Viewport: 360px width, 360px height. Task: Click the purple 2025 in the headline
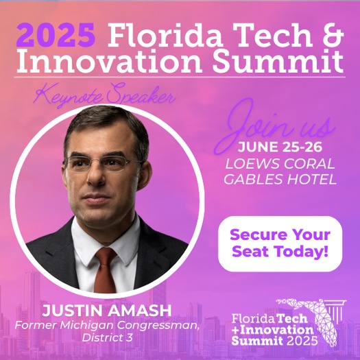click(x=56, y=35)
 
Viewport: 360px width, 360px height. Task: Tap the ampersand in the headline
click(x=332, y=35)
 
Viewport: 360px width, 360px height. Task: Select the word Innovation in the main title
click(x=109, y=61)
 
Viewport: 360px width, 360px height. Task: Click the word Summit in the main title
click(x=278, y=61)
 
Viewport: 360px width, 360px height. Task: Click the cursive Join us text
click(x=275, y=126)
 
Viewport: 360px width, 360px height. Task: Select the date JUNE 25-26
click(x=280, y=147)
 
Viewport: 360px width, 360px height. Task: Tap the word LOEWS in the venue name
click(x=252, y=164)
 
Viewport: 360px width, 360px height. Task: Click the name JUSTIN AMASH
click(x=107, y=311)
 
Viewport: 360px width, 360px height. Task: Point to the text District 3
click(x=107, y=337)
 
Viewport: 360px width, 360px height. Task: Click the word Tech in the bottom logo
click(x=291, y=318)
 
